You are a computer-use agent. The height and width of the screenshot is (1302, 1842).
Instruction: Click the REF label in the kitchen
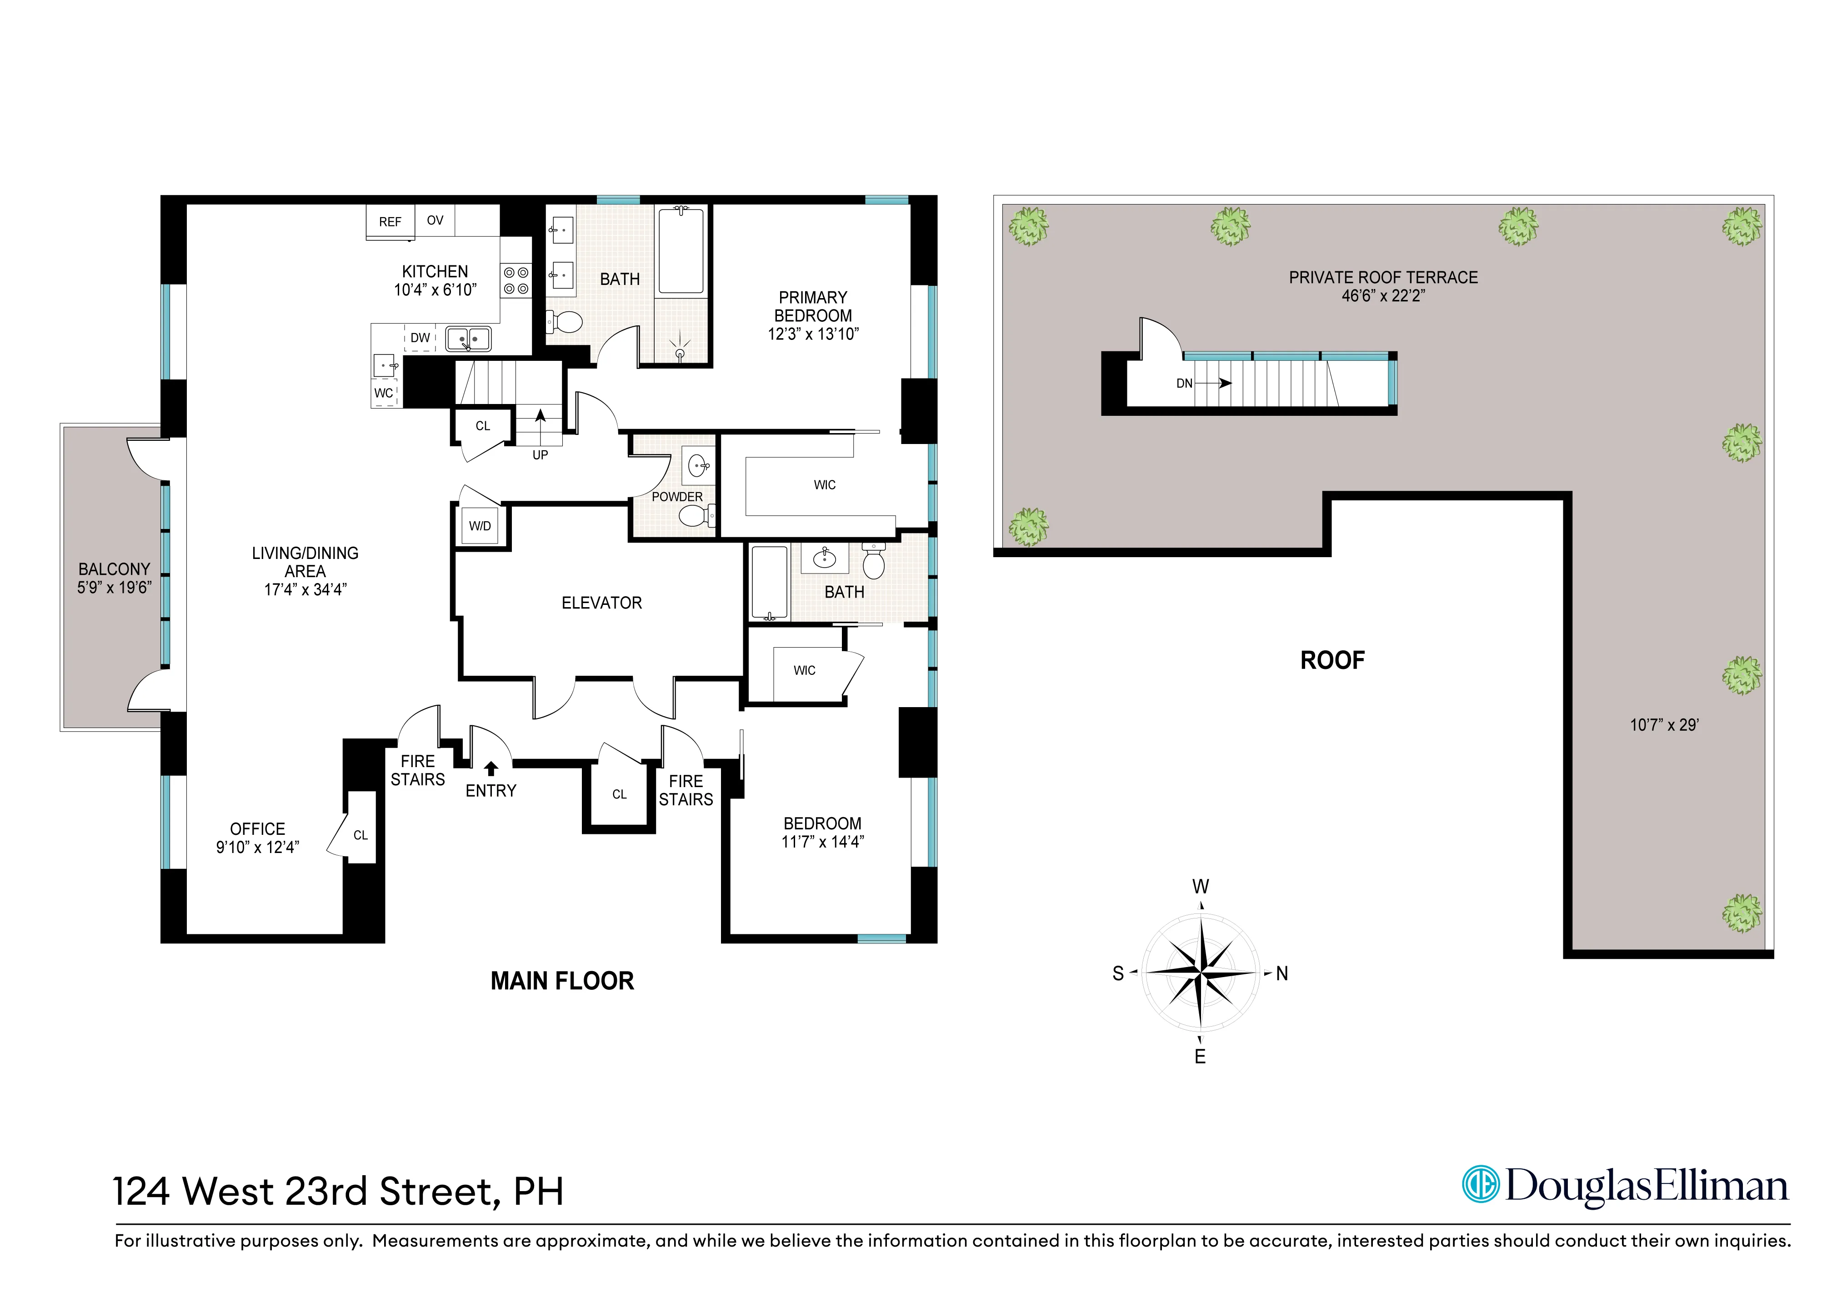(x=390, y=221)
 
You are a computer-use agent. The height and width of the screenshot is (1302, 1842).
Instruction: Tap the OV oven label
(x=435, y=220)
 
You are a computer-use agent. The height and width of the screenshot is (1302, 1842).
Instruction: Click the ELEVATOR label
(x=602, y=603)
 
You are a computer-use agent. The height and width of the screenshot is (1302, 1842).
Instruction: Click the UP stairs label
(x=540, y=455)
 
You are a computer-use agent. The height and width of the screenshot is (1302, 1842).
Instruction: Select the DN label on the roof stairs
(x=1184, y=384)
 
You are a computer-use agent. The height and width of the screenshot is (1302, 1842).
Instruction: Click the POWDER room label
(x=677, y=497)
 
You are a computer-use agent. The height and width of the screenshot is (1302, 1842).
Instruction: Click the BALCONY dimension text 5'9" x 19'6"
(x=114, y=587)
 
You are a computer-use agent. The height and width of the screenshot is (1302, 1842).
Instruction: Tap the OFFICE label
(x=258, y=829)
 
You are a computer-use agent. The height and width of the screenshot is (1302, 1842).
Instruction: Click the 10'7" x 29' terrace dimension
(x=1664, y=724)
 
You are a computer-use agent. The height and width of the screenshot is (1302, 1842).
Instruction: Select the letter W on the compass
(x=1200, y=887)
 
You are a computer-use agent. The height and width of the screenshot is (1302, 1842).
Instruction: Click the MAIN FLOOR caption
(x=562, y=980)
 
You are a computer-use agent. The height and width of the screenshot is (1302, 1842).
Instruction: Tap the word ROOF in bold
(x=1332, y=660)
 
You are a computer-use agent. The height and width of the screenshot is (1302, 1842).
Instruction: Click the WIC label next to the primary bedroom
(x=825, y=484)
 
